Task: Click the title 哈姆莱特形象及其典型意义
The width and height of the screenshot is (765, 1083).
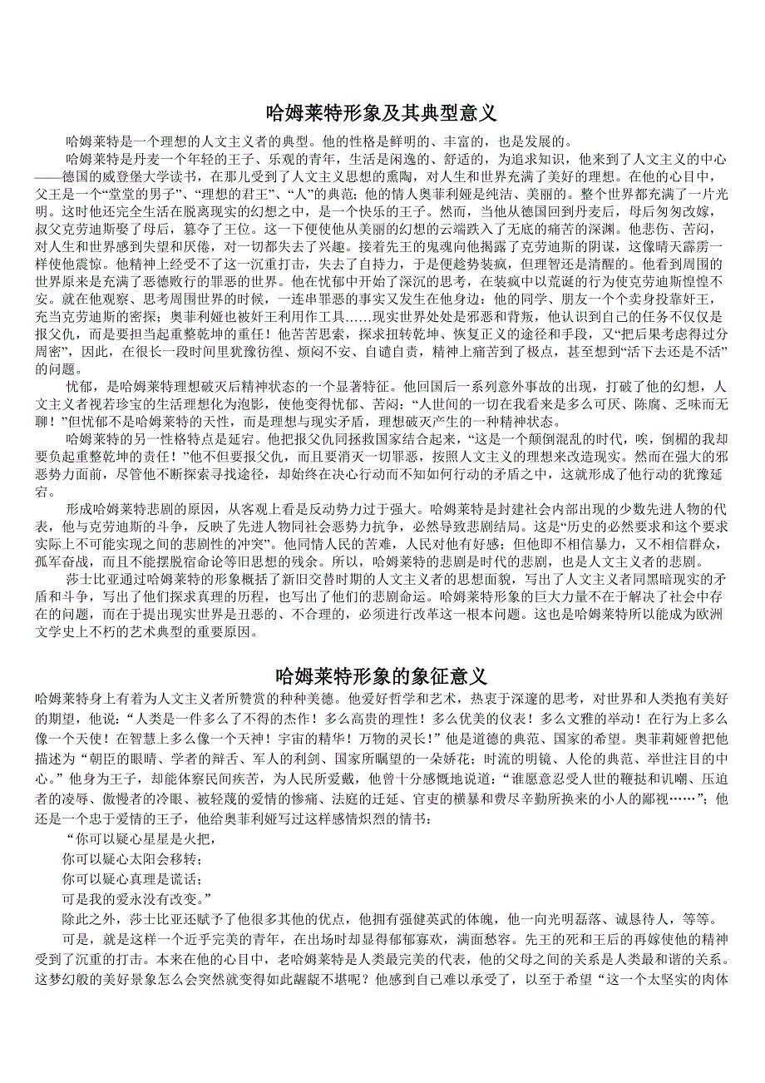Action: (382, 111)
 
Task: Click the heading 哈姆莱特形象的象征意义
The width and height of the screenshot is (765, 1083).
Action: (382, 674)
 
